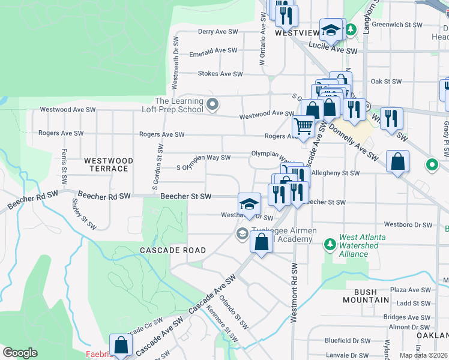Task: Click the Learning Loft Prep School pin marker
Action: pos(212,106)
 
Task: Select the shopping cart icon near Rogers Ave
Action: pos(304,127)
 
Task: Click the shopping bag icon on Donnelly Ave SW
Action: pos(397,161)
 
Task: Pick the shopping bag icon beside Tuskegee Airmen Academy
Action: pos(261,243)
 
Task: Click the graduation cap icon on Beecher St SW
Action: pos(249,204)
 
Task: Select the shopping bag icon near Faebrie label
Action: pos(121,345)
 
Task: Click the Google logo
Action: pos(20,353)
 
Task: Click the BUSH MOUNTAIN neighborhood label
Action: pos(368,296)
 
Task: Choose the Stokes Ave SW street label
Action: pos(220,74)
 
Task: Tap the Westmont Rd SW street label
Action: pos(294,293)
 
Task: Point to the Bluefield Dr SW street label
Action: pos(348,340)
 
